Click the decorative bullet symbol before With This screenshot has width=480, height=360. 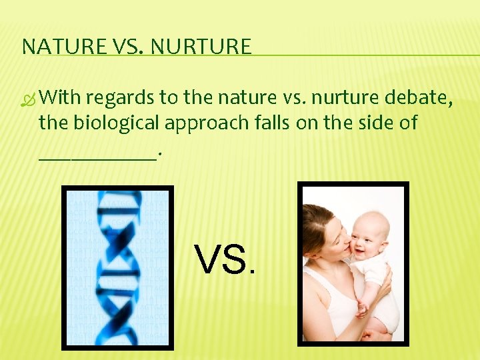pyautogui.click(x=28, y=99)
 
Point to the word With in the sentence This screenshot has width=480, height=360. pyautogui.click(x=60, y=98)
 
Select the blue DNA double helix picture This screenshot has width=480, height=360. pyautogui.click(x=117, y=267)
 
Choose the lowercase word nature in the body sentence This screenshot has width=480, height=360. pyautogui.click(x=242, y=98)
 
